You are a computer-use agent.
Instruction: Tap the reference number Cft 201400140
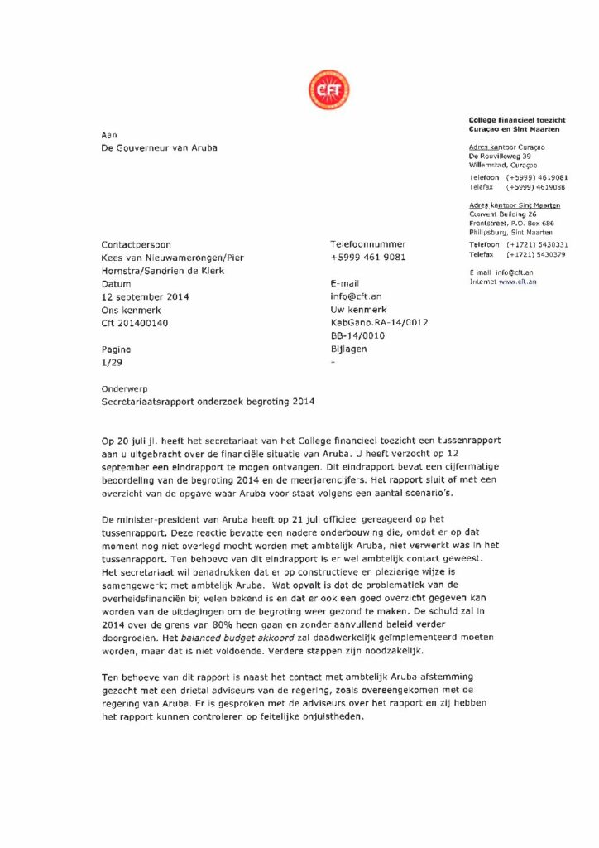tap(134, 323)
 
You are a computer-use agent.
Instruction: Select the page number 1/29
tap(110, 363)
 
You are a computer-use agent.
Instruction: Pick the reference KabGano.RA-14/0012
tap(378, 323)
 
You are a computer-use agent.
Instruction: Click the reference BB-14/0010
tap(357, 336)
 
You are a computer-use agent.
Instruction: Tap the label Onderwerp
tap(123, 388)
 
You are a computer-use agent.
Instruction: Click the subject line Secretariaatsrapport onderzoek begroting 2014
tap(208, 401)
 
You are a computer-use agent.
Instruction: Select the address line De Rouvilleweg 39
tap(500, 156)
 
